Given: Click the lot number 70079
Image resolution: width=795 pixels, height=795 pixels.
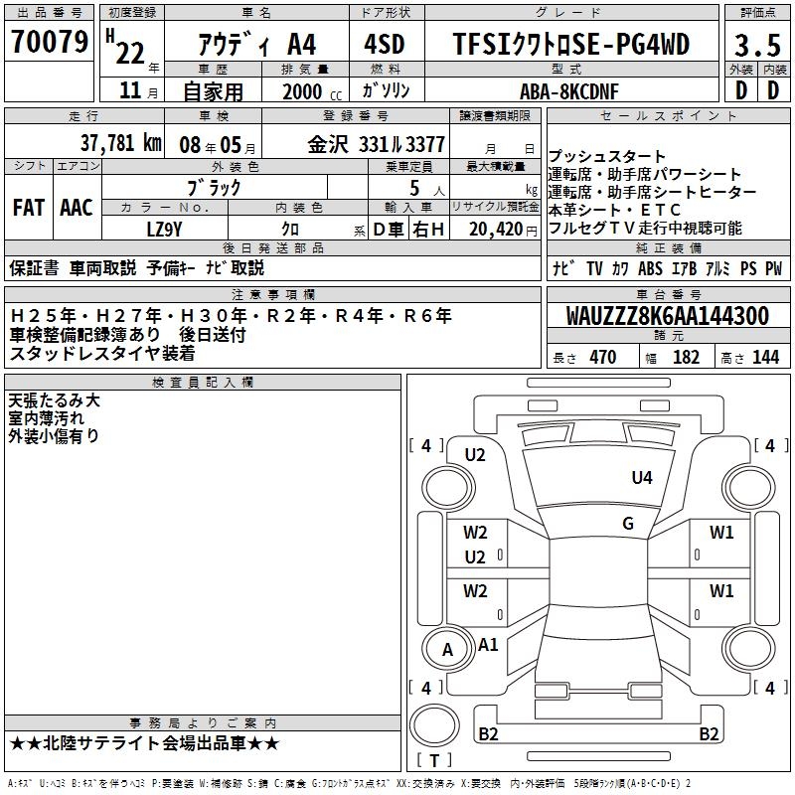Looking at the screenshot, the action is [50, 41].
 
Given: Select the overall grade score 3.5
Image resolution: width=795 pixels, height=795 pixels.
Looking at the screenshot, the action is [757, 45].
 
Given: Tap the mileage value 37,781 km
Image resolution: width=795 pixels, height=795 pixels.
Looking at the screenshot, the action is [121, 143].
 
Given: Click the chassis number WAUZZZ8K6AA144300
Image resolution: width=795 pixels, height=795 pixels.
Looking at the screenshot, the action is [668, 315].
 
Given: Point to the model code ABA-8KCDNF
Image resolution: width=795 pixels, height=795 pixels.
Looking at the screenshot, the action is [569, 91].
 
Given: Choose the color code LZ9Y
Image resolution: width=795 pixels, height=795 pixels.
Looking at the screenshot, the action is [164, 230].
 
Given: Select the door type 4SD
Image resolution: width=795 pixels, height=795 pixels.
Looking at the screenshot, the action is [385, 44].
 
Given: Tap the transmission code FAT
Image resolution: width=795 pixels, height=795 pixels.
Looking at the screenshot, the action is [29, 208].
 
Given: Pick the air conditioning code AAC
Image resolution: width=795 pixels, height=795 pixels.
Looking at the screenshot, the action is [77, 208].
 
